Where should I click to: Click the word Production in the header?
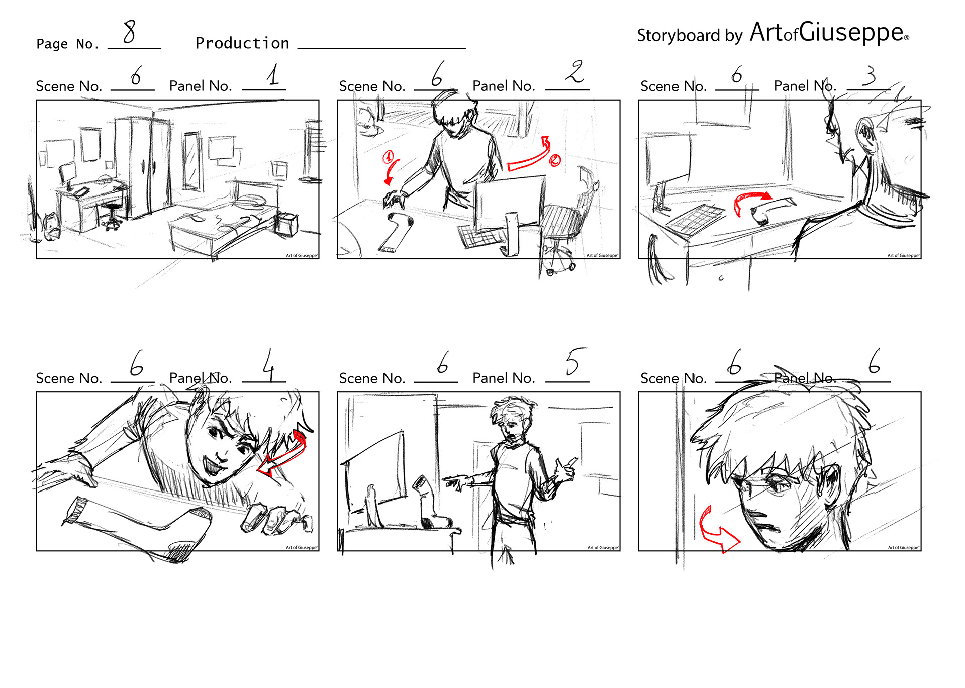click(242, 43)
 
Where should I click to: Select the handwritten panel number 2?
click(574, 71)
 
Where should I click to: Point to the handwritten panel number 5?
click(573, 361)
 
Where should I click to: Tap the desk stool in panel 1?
click(113, 214)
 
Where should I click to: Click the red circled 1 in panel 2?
click(389, 157)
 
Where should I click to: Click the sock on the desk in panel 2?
click(396, 232)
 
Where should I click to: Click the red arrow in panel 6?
click(716, 533)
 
